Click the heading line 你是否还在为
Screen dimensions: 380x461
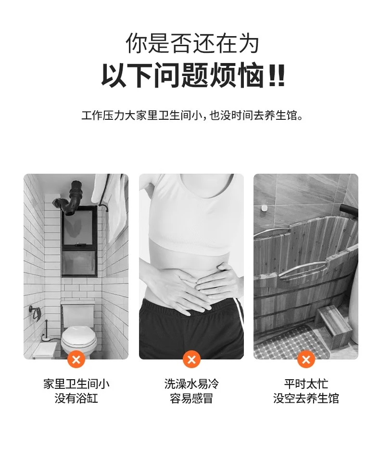[x=192, y=43]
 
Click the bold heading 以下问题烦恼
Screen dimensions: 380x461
[x=193, y=76]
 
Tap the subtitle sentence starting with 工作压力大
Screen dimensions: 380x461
[x=192, y=115]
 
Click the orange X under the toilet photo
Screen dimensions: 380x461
[x=76, y=359]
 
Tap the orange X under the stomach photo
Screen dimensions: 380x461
[x=191, y=359]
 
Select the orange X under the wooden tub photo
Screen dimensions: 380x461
[x=306, y=359]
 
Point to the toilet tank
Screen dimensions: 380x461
[x=78, y=313]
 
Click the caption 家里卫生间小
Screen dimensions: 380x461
[x=76, y=384]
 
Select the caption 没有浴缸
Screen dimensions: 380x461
[x=76, y=398]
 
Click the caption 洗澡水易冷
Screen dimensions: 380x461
[x=191, y=384]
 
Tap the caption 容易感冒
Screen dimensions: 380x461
[x=191, y=398]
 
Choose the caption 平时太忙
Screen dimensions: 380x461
[x=306, y=384]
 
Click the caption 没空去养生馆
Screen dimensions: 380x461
[x=306, y=398]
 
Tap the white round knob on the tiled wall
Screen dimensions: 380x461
[x=264, y=208]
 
